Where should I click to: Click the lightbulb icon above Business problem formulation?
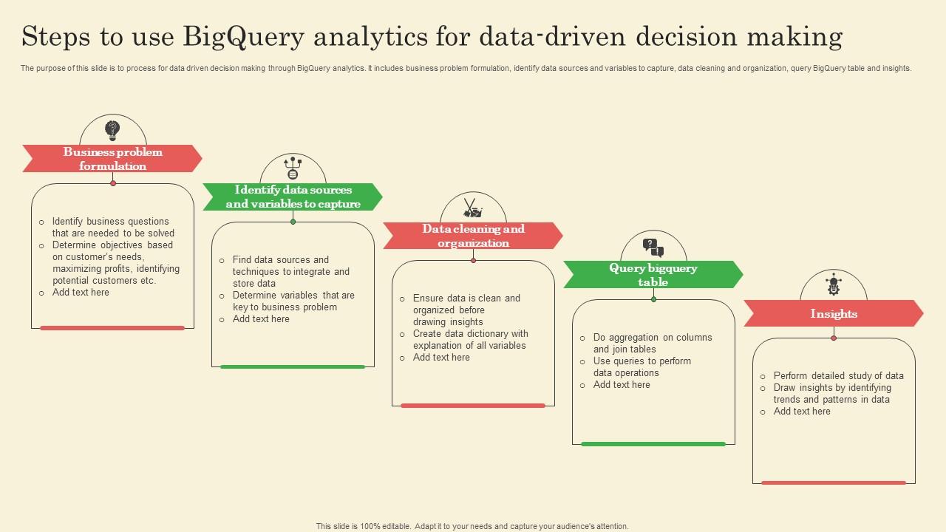[x=112, y=131]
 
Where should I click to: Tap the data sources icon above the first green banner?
[x=293, y=168]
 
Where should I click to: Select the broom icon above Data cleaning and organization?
[x=473, y=208]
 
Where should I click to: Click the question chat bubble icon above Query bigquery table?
[x=653, y=247]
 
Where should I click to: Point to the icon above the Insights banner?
[x=834, y=284]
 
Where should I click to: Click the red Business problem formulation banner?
[x=112, y=159]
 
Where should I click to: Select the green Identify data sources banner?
[x=293, y=197]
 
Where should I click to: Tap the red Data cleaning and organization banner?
[x=473, y=236]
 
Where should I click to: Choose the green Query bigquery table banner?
[x=653, y=275]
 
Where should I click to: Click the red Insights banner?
[x=834, y=313]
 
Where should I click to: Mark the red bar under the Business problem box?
[x=112, y=328]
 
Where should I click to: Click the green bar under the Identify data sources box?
[x=293, y=366]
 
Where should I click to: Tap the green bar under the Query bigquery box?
[x=653, y=444]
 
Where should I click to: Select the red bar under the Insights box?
[x=834, y=482]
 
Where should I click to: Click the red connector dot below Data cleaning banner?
[x=473, y=260]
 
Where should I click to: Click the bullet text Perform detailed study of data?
[x=838, y=375]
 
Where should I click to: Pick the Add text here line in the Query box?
[x=622, y=384]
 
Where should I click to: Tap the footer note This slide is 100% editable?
[x=472, y=526]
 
